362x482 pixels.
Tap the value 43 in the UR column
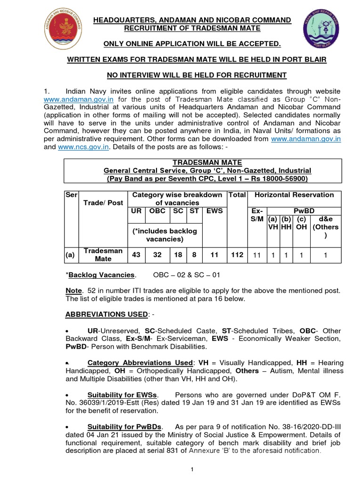(x=136, y=255)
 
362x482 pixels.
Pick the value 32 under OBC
(x=157, y=255)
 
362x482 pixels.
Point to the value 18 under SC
(x=178, y=255)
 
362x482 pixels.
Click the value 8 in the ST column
(x=194, y=255)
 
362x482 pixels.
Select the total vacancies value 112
(x=238, y=255)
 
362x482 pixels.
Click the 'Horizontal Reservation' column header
(x=294, y=194)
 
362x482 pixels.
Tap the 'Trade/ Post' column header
(x=103, y=202)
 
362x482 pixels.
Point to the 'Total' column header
(x=238, y=194)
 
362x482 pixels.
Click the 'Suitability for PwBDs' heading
(x=125, y=427)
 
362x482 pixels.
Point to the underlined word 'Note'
(x=74, y=291)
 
